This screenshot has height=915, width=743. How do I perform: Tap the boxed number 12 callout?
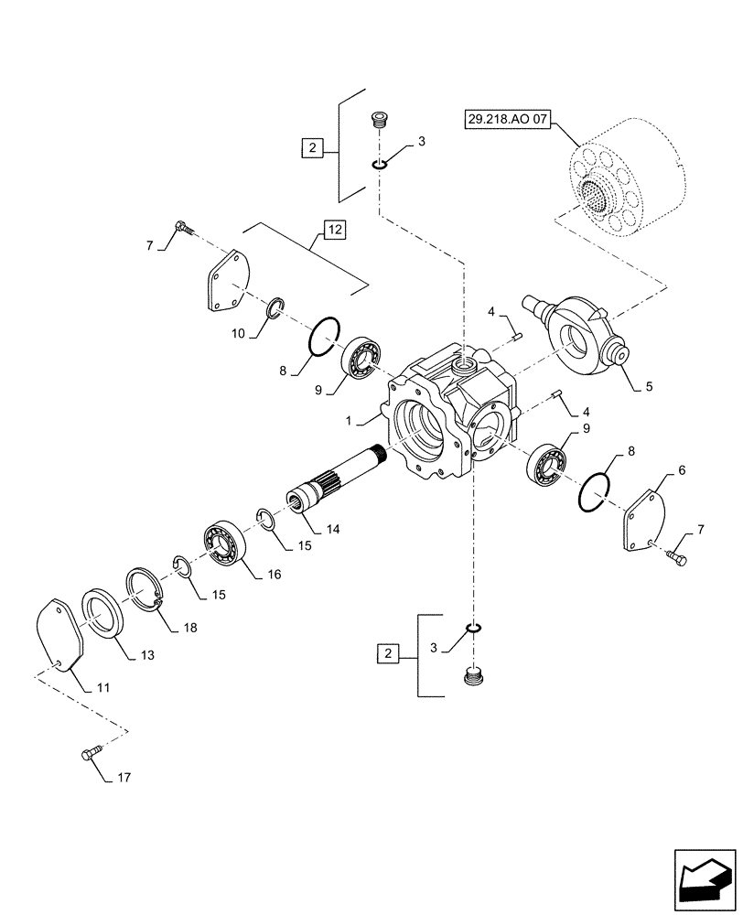point(334,230)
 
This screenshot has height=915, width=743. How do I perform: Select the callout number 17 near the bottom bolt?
point(124,779)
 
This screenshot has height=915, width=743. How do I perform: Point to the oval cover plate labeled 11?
point(59,635)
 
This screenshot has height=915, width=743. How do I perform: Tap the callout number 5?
point(648,386)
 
